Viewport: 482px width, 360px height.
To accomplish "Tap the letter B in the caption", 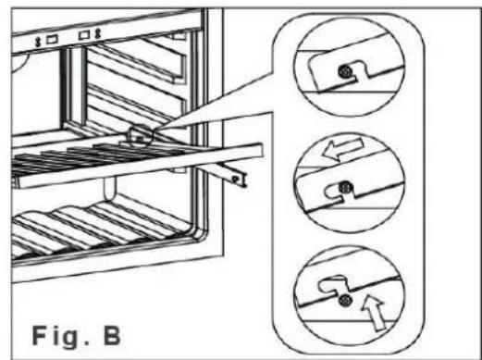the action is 112,335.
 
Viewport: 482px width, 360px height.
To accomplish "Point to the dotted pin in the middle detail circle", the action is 345,187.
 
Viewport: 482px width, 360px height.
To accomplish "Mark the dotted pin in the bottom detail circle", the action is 345,300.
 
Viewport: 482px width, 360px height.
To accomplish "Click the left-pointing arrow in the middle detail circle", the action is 342,149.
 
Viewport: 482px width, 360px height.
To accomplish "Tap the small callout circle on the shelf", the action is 141,135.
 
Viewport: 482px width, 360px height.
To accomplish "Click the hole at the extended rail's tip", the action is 236,179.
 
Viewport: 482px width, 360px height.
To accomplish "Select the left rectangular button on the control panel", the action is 52,40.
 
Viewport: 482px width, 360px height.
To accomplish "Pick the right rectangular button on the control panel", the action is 84,34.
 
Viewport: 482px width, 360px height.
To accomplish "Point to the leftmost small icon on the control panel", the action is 39,42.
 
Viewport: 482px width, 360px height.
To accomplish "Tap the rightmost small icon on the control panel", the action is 98,33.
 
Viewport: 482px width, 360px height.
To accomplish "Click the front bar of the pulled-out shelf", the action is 139,166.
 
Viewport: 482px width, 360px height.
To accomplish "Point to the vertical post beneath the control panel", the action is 74,86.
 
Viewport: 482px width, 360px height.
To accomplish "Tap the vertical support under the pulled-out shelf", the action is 110,188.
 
